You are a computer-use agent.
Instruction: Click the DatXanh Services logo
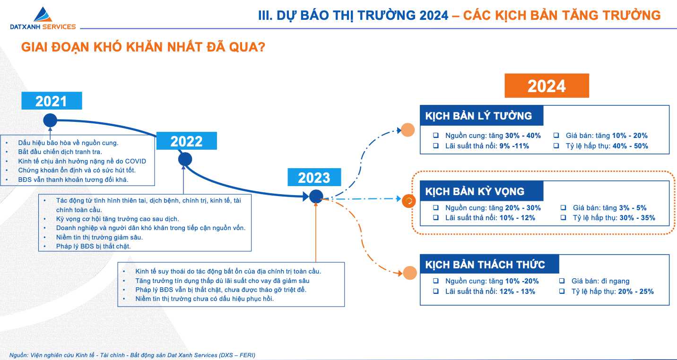pos(43,18)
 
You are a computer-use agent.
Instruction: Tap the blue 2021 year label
pos(52,101)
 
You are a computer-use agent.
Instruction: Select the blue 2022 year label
pos(186,141)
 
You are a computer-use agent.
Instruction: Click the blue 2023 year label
pos(314,177)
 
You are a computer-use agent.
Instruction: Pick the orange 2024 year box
pos(547,86)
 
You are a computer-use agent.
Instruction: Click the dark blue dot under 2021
pos(50,120)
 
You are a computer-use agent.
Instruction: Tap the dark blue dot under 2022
pos(185,159)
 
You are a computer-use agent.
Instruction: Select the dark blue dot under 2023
pos(316,197)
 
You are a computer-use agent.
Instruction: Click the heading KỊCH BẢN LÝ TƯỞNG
pos(478,116)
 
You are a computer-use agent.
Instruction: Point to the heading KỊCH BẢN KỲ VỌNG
pos(475,191)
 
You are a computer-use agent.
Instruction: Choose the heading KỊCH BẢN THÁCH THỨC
pos(485,265)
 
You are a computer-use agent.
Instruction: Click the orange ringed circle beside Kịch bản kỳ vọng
pos(409,201)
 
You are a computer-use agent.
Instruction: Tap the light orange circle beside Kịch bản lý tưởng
pos(408,130)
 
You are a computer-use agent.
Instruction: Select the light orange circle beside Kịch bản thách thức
pos(410,273)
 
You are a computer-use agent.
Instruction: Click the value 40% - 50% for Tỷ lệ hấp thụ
pos(630,146)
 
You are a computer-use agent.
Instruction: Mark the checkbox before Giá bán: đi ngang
pos(562,281)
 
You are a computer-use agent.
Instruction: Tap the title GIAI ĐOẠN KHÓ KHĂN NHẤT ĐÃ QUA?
pos(143,47)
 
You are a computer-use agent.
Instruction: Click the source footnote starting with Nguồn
pos(132,355)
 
